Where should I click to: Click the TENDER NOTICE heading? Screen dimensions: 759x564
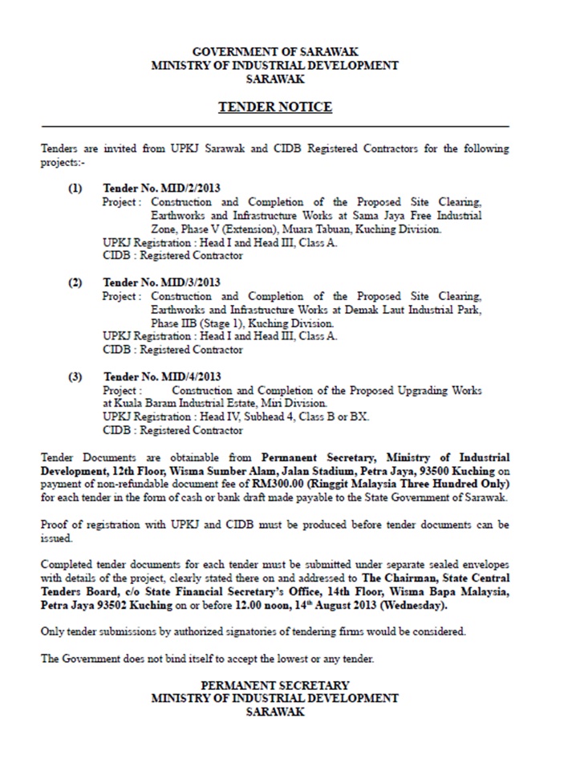pyautogui.click(x=275, y=107)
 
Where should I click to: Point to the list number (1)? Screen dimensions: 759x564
pyautogui.click(x=75, y=188)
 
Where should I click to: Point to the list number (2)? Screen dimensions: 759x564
pyautogui.click(x=75, y=282)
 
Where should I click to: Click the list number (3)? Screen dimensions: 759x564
pyautogui.click(x=75, y=376)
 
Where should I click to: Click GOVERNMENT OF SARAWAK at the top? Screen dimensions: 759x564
pyautogui.click(x=275, y=53)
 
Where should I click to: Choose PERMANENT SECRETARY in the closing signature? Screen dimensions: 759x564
pyautogui.click(x=275, y=685)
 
